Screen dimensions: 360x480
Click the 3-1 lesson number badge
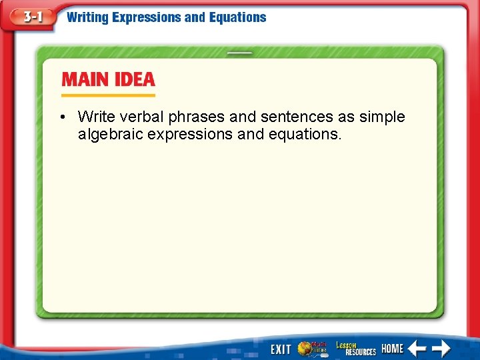point(31,18)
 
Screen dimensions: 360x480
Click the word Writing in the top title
point(87,18)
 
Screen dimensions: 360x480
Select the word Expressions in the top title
point(147,18)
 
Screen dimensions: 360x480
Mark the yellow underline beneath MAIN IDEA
point(108,95)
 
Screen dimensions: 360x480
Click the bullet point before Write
point(61,117)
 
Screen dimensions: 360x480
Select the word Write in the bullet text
point(96,117)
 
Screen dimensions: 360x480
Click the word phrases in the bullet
point(197,117)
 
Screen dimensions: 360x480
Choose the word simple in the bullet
point(381,117)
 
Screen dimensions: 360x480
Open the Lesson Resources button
point(355,348)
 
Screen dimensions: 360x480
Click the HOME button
point(392,349)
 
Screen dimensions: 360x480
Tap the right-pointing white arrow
point(441,348)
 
